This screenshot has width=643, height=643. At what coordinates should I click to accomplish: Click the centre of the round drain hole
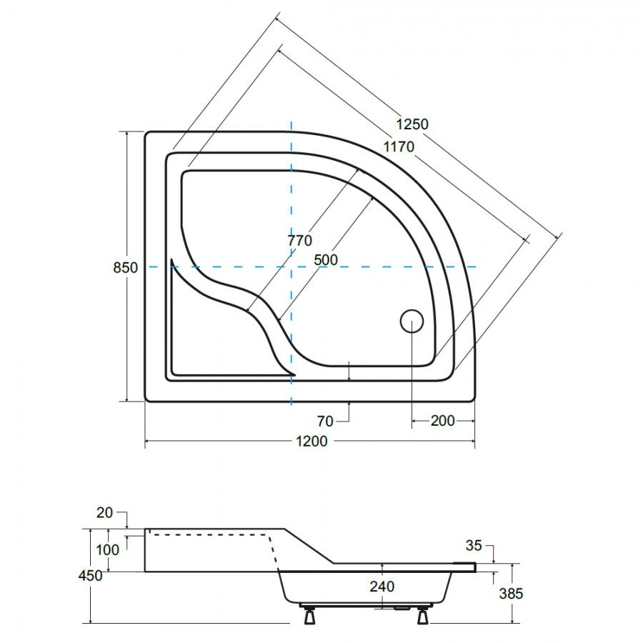pyautogui.click(x=412, y=321)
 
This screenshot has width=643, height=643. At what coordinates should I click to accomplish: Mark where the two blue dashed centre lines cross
pyautogui.click(x=291, y=267)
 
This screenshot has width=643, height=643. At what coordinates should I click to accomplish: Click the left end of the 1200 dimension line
pyautogui.click(x=145, y=442)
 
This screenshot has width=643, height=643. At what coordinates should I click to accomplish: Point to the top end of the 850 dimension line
pyautogui.click(x=126, y=131)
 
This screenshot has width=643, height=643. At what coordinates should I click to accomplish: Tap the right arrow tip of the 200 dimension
pyautogui.click(x=474, y=421)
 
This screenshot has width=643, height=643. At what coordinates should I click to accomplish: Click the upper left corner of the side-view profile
pyautogui.click(x=145, y=529)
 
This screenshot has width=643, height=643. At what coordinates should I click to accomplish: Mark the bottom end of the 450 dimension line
pyautogui.click(x=89, y=623)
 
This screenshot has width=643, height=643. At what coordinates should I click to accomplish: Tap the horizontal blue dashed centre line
pyautogui.click(x=312, y=267)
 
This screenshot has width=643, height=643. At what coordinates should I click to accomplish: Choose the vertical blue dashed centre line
pyautogui.click(x=291, y=263)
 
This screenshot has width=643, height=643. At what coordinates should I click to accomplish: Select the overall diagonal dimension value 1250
pyautogui.click(x=412, y=124)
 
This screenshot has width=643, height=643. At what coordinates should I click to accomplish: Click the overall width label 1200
pyautogui.click(x=311, y=442)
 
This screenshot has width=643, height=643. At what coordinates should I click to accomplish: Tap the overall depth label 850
pyautogui.click(x=126, y=268)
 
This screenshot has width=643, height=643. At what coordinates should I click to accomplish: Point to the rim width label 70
pyautogui.click(x=325, y=421)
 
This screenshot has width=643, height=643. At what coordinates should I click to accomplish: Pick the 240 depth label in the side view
pyautogui.click(x=382, y=587)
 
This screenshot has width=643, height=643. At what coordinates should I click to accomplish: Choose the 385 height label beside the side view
pyautogui.click(x=511, y=594)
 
